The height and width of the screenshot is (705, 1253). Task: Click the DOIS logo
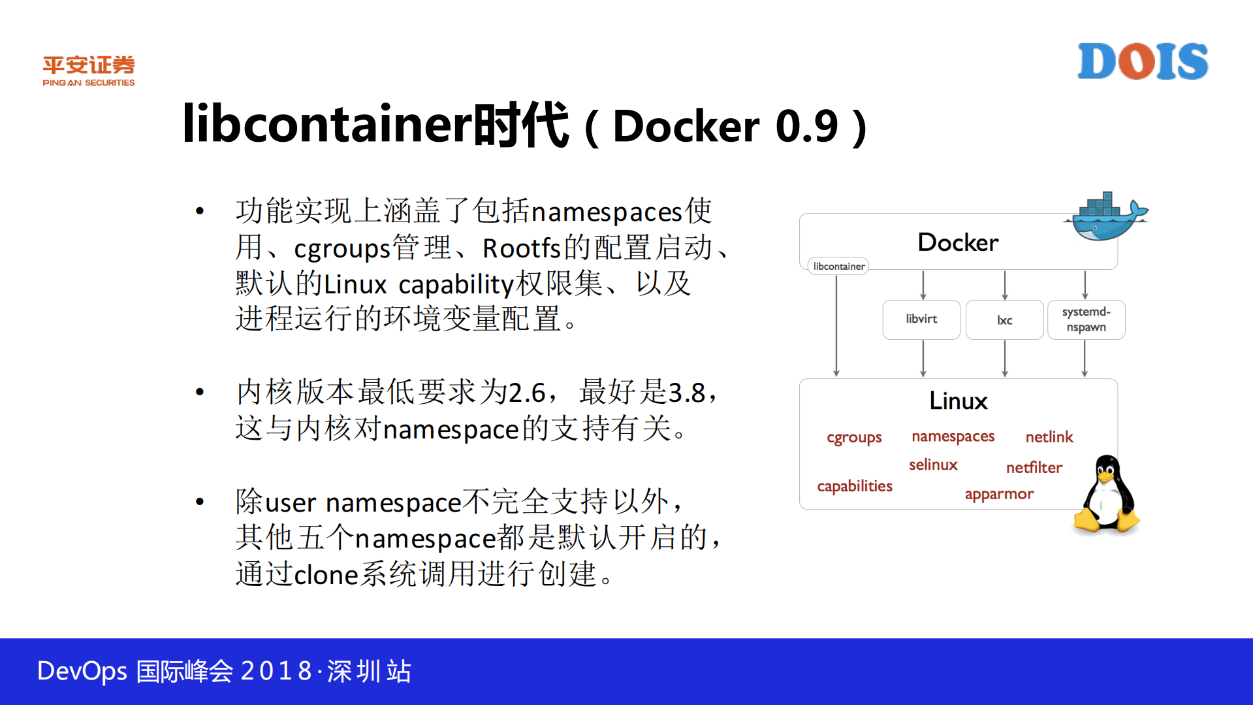(x=1142, y=61)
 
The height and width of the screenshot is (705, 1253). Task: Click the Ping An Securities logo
(x=89, y=71)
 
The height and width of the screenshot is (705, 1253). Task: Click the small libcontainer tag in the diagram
(x=838, y=267)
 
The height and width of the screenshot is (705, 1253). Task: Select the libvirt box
(x=921, y=320)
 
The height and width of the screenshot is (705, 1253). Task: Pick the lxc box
(x=1004, y=320)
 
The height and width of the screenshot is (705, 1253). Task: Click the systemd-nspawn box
(x=1086, y=320)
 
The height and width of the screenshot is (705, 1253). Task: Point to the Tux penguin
(x=1107, y=495)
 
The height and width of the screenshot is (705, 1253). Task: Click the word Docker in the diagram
(x=958, y=242)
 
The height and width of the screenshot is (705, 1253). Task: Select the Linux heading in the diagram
(x=958, y=401)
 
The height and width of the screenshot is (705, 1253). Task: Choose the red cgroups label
(x=854, y=438)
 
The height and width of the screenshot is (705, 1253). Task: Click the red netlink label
(x=1049, y=437)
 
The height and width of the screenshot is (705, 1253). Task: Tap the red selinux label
(x=933, y=465)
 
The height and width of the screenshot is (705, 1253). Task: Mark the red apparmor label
(x=999, y=495)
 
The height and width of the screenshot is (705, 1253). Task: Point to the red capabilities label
(x=854, y=486)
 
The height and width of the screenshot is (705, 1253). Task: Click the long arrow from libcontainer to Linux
(x=836, y=327)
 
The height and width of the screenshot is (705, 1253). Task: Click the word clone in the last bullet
(x=326, y=575)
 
